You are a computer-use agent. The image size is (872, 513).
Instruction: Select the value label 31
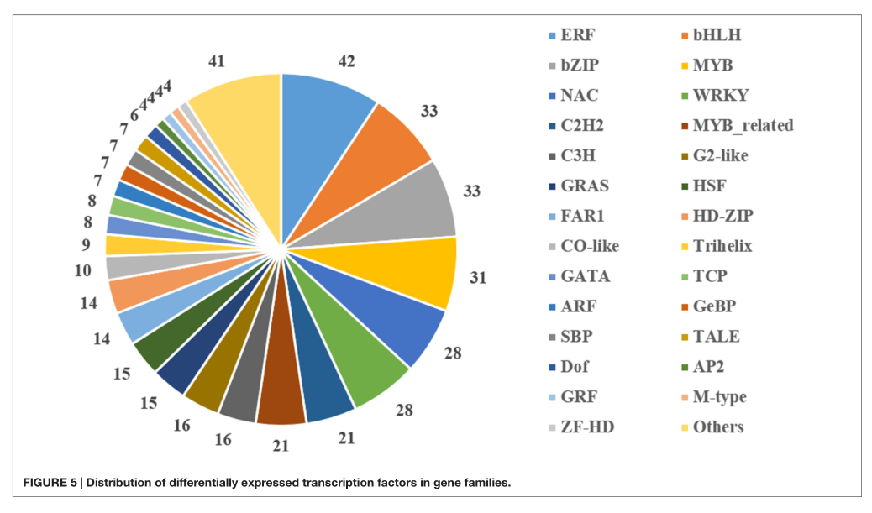click(478, 277)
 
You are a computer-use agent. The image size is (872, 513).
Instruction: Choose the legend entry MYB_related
click(742, 125)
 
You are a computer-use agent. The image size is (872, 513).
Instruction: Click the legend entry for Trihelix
click(722, 246)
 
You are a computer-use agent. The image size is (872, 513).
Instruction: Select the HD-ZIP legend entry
click(722, 216)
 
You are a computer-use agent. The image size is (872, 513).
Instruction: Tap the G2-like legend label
click(720, 155)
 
